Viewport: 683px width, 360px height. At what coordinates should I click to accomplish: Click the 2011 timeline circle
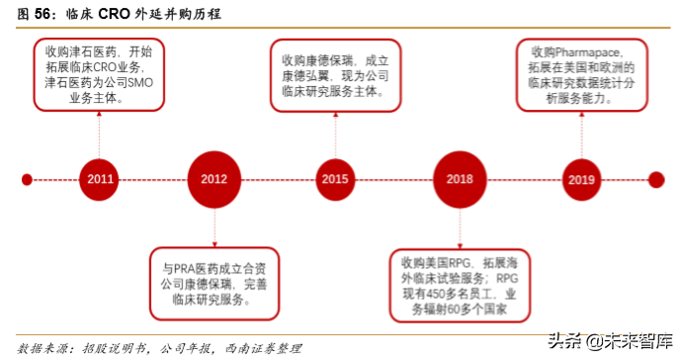[100, 179]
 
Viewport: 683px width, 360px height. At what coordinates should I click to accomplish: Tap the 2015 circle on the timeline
[335, 179]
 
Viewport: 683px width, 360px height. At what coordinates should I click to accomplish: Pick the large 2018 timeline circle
[459, 179]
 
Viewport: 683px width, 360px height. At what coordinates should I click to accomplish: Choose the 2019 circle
[581, 180]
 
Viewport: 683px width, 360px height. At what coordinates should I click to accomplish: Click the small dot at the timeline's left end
[27, 179]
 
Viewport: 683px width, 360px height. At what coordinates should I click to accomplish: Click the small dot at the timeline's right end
[655, 179]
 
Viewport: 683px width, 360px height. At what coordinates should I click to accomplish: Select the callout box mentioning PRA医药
[213, 284]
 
